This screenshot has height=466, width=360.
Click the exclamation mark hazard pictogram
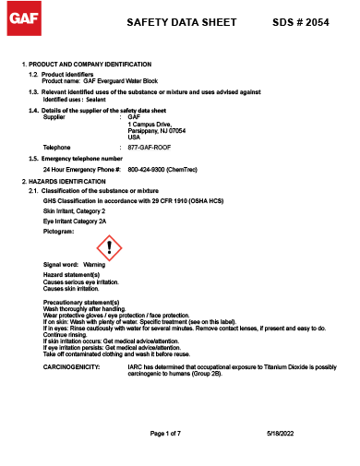pyautogui.click(x=109, y=247)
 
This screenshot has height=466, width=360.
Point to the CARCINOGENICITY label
pyautogui.click(x=72, y=366)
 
